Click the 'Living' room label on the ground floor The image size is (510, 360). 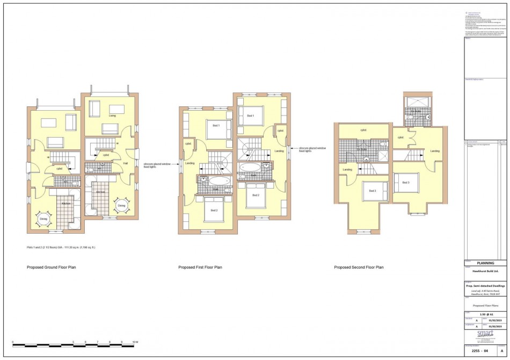tap(112, 116)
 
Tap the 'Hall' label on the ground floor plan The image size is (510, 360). tap(126, 163)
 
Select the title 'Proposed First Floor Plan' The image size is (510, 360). tap(200, 267)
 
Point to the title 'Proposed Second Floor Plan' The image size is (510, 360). tap(359, 267)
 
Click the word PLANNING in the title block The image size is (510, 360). tap(485, 263)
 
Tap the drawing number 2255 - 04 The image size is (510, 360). tap(479, 350)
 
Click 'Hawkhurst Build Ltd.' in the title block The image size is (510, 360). tap(485, 271)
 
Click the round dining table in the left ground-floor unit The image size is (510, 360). tap(43, 219)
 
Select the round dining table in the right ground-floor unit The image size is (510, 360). tap(121, 205)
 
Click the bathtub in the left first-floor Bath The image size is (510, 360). tap(215, 181)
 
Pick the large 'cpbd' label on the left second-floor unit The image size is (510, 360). tap(363, 130)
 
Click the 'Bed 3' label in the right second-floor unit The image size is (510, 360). tap(405, 183)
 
